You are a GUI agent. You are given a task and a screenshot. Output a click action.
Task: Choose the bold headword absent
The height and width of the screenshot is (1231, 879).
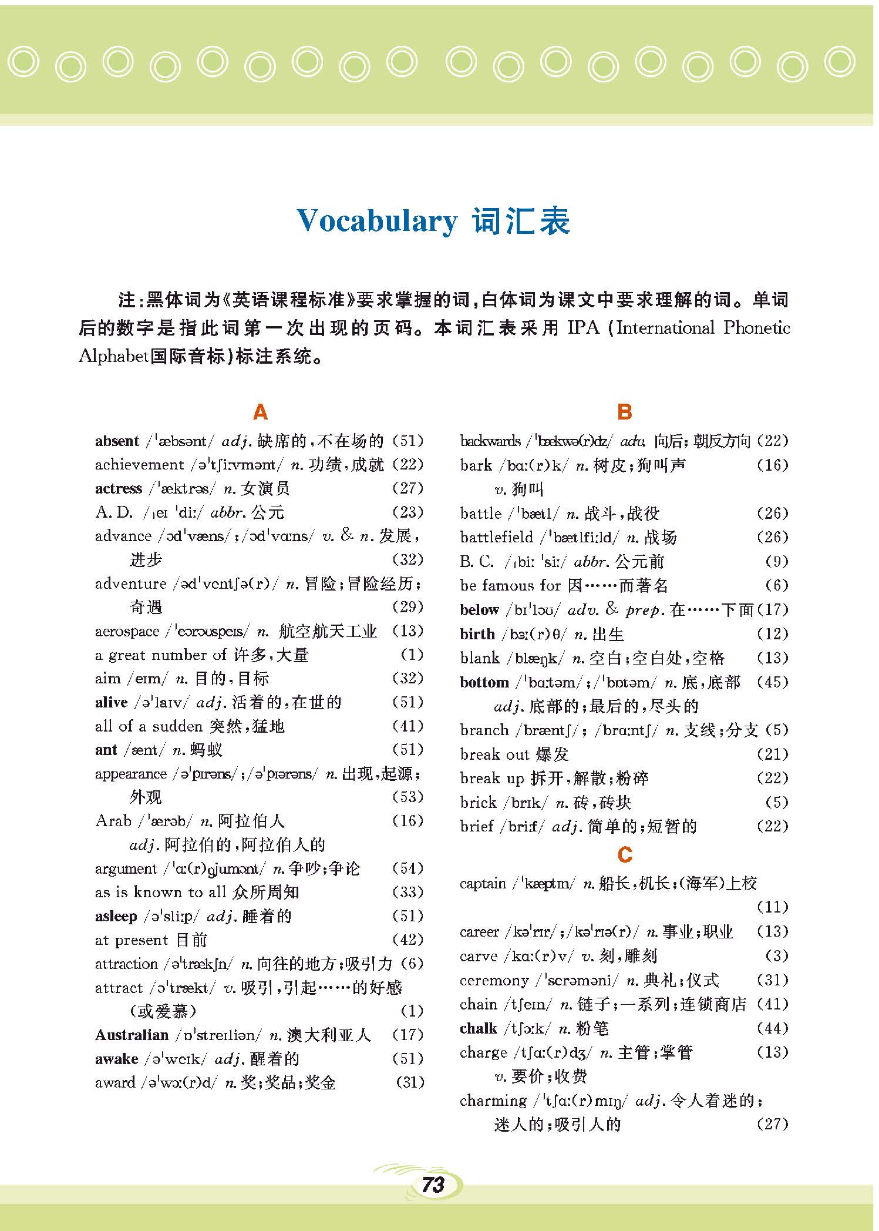[117, 441]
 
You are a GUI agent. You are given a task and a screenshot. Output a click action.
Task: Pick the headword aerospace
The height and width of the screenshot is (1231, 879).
[127, 632]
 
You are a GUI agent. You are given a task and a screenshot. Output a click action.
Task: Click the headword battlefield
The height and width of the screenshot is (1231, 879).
[497, 537]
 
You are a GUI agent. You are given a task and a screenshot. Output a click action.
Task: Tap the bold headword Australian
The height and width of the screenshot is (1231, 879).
[132, 1035]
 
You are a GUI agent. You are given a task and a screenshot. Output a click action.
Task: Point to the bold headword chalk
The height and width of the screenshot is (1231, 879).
[479, 1028]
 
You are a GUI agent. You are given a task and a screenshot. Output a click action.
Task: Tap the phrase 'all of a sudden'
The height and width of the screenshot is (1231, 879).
[149, 726]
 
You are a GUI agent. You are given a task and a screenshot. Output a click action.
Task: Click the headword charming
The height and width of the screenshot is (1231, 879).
[493, 1101]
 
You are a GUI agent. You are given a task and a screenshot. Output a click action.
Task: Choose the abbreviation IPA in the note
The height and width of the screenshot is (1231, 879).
[584, 328]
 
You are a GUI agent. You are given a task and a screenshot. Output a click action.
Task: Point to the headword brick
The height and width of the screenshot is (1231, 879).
[479, 803]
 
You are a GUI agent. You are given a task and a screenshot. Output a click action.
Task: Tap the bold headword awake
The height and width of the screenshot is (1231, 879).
[116, 1059]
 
